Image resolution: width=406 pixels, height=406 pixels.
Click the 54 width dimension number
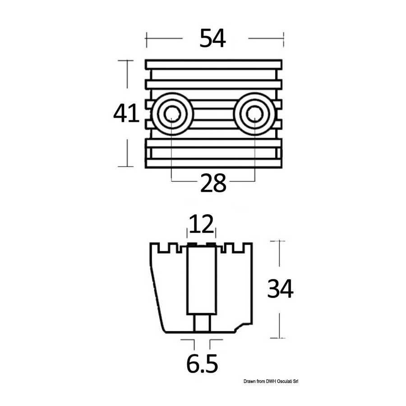pyautogui.click(x=212, y=38)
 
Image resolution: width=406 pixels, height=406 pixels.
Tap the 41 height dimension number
pyautogui.click(x=126, y=113)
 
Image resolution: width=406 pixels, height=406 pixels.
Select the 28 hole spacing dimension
pyautogui.click(x=213, y=183)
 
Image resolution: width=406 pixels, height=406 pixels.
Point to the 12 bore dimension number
pyautogui.click(x=201, y=224)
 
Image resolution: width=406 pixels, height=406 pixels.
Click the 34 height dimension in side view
pyautogui.click(x=280, y=288)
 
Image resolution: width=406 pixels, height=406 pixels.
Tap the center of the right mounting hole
pyautogui.click(x=254, y=114)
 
